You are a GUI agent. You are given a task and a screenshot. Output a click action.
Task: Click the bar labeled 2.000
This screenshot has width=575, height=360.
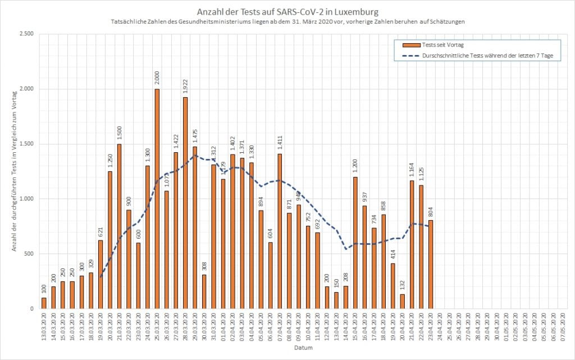coord(157,199)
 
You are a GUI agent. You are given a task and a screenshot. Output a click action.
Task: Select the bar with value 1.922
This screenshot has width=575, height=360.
coord(185,203)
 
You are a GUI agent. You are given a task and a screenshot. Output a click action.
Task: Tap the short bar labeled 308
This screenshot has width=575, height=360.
coord(204,291)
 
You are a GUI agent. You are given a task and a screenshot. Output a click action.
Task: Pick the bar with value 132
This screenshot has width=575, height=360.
coord(402,302)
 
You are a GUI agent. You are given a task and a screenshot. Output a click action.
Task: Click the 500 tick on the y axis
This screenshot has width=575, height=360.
coord(29,254)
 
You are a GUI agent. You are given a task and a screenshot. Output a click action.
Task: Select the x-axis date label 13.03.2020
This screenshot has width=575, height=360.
coord(44,324)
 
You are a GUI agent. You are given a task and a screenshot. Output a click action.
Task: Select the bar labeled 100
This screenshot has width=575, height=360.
coord(44,303)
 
